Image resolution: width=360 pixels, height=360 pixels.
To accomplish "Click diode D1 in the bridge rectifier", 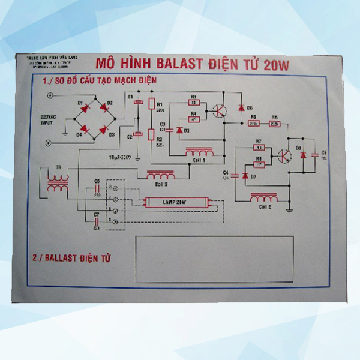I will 85,109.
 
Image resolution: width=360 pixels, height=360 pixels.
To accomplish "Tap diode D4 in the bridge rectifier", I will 85,128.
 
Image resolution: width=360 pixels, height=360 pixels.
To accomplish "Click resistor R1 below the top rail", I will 151,104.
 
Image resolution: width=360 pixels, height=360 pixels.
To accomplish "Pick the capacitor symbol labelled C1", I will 138,103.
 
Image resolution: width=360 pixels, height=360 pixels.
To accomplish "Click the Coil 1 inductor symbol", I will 199,152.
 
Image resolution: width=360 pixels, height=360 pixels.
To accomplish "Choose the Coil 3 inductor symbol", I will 161,176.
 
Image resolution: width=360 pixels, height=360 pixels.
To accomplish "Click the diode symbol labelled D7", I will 245,175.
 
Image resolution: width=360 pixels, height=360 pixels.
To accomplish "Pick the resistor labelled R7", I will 259,148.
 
